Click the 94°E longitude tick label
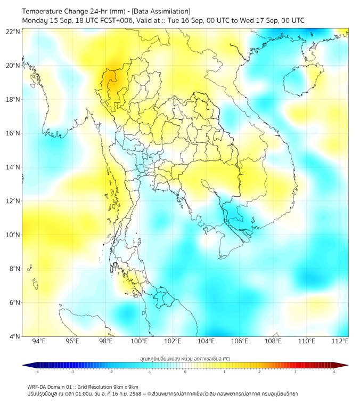point(39,342)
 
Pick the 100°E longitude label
point(140,342)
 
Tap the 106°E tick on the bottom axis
point(240,342)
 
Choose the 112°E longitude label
point(340,342)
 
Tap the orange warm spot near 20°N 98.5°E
point(112,78)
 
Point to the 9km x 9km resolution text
point(124,386)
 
